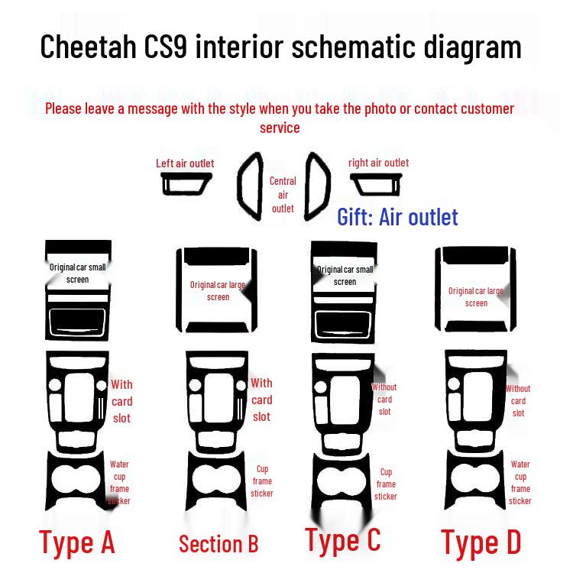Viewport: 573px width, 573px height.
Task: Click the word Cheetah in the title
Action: pyautogui.click(x=88, y=47)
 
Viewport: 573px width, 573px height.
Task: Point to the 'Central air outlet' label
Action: pyautogui.click(x=283, y=195)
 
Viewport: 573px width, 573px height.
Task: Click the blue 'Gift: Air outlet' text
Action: pyautogui.click(x=397, y=217)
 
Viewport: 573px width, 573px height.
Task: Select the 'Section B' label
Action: pyautogui.click(x=219, y=544)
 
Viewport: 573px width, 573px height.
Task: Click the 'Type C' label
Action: pyautogui.click(x=343, y=540)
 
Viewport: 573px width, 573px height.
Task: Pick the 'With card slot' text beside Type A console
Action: pyautogui.click(x=121, y=401)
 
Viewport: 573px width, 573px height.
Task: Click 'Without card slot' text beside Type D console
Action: pyautogui.click(x=518, y=401)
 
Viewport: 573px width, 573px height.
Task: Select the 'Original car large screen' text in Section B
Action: pyautogui.click(x=218, y=291)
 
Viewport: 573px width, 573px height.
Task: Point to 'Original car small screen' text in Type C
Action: pyautogui.click(x=345, y=276)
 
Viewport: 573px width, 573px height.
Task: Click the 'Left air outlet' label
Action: pyautogui.click(x=185, y=163)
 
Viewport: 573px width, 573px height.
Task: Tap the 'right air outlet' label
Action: pyautogui.click(x=379, y=163)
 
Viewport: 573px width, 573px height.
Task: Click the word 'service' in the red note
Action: pyautogui.click(x=280, y=128)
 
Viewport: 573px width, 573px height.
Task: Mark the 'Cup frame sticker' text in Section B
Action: pyautogui.click(x=262, y=481)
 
